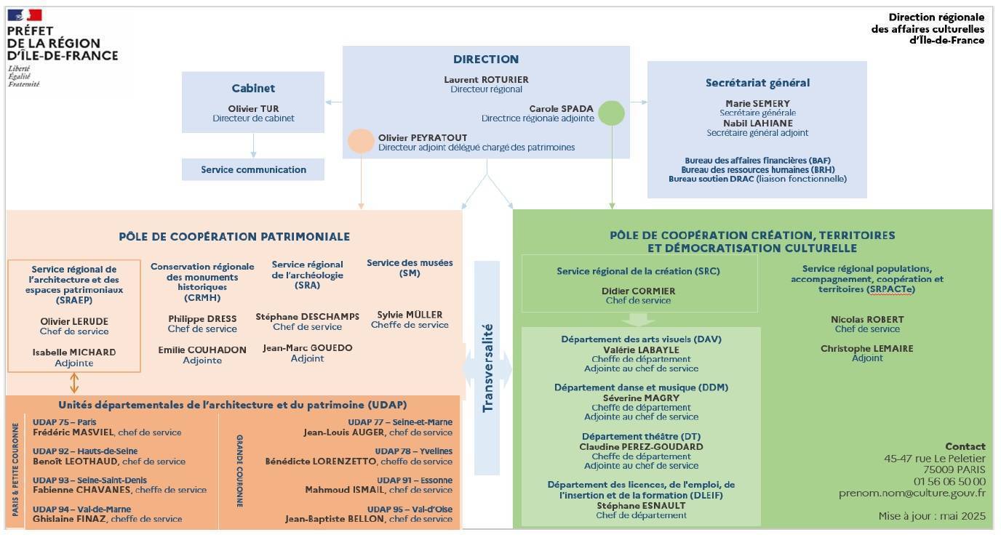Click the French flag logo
(25, 15)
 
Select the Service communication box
(253, 169)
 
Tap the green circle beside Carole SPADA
(611, 113)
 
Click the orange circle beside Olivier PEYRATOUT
(361, 142)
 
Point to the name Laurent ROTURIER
(486, 79)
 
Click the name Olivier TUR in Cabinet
(253, 108)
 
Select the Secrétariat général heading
(757, 83)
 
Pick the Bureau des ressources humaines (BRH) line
(758, 169)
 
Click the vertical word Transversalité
(487, 368)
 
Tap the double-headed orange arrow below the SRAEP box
(74, 383)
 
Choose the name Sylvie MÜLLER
(410, 315)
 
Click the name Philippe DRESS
(202, 318)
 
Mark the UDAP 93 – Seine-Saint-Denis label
(89, 480)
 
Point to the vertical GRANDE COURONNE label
(240, 471)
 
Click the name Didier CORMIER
(638, 291)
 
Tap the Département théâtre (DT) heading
(642, 437)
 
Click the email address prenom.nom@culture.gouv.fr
(912, 493)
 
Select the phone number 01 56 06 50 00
(949, 482)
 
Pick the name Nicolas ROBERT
(867, 320)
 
